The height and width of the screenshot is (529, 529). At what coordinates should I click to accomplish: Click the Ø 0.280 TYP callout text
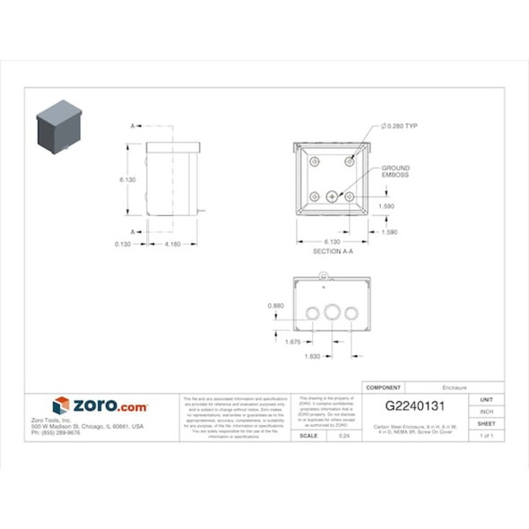coord(399,126)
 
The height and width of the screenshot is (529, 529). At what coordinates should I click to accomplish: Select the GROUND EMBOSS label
coord(395,171)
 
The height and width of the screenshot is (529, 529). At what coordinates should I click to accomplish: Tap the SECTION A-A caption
coord(333,252)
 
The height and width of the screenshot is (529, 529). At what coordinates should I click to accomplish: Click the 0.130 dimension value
coord(124,244)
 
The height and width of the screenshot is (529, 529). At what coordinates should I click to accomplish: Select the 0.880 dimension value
coord(276,306)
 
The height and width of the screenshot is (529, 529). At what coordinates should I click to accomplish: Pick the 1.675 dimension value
coord(292,342)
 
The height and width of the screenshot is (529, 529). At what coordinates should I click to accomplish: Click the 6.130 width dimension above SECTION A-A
coord(333,242)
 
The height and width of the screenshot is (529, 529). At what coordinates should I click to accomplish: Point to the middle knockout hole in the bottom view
coord(333,313)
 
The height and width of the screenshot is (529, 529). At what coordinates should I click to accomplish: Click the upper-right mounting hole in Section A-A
coord(351,161)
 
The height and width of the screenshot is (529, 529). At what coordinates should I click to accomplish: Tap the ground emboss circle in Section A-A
coord(333,196)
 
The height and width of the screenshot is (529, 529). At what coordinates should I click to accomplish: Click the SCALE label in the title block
coord(308,435)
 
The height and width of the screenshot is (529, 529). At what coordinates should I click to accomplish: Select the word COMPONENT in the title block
coord(385,387)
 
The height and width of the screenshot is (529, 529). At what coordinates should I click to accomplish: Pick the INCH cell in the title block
coord(486,412)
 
